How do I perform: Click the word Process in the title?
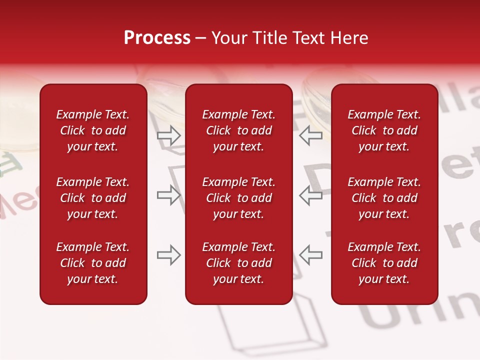click(x=157, y=38)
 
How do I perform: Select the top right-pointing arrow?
click(x=168, y=135)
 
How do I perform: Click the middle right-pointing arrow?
click(x=168, y=195)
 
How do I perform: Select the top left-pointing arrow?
click(x=311, y=135)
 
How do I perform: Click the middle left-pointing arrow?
click(x=311, y=195)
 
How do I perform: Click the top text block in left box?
click(x=93, y=130)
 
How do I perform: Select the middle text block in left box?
click(x=93, y=198)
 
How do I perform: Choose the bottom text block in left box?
click(x=93, y=263)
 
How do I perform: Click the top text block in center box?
click(x=239, y=130)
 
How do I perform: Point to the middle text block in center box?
click(x=239, y=198)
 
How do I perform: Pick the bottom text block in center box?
click(x=239, y=263)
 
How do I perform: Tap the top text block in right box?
click(x=384, y=130)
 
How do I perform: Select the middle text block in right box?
click(x=384, y=198)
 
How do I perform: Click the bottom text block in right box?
click(x=384, y=263)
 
